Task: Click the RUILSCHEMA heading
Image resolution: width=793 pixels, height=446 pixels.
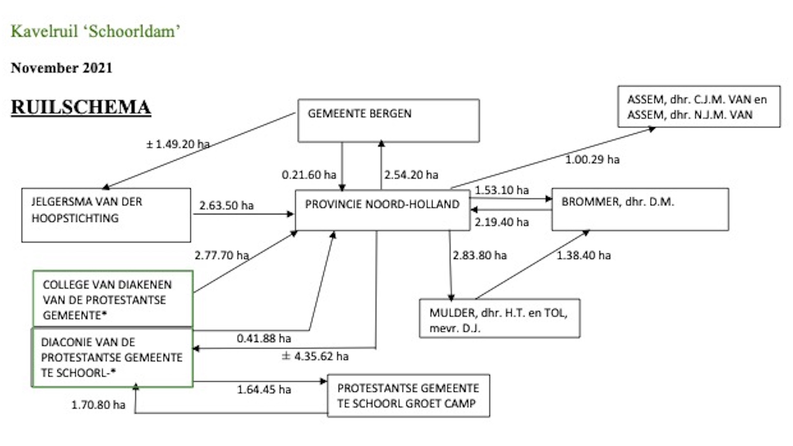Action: tap(81, 107)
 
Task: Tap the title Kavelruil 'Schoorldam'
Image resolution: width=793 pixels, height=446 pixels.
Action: tap(95, 31)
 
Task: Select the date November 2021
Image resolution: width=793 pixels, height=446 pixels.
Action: tap(62, 68)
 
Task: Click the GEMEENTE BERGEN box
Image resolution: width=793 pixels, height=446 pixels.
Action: tap(388, 121)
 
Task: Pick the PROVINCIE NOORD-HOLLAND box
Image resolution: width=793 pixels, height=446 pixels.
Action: tap(382, 210)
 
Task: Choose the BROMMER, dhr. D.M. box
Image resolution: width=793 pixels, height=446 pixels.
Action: tap(640, 209)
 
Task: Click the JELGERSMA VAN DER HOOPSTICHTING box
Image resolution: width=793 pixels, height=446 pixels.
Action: tap(106, 215)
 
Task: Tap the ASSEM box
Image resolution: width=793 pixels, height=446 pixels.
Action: tap(699, 107)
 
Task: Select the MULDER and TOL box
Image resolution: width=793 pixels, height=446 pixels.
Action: tap(499, 318)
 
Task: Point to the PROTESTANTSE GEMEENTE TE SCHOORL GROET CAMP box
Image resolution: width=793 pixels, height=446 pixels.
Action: tap(408, 396)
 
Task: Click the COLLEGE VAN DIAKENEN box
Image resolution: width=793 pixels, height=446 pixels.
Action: tap(113, 299)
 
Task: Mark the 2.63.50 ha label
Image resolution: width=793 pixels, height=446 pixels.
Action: tap(226, 205)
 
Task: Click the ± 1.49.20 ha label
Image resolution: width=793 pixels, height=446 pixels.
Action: tap(178, 144)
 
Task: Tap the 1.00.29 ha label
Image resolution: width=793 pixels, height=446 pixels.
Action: tap(592, 159)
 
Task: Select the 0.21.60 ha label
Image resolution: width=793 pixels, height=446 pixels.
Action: tap(309, 175)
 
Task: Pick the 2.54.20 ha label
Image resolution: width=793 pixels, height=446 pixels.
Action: tap(411, 175)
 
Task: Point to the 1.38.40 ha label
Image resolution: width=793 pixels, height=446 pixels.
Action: tap(584, 255)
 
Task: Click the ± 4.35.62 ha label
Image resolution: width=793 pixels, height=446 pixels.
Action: tap(315, 356)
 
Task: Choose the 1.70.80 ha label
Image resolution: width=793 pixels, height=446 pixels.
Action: tap(98, 405)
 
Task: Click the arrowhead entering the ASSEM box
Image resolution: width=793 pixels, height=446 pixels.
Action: tap(652, 129)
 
